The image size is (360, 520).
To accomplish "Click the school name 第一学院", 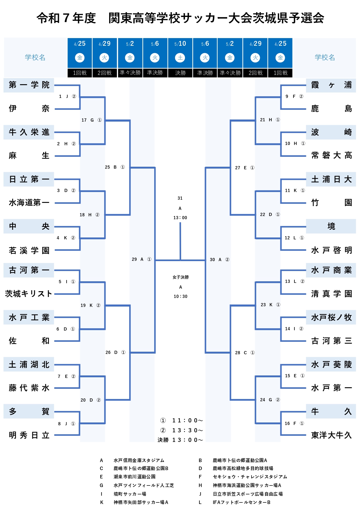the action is (x=29, y=85).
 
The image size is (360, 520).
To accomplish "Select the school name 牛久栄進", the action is (x=29, y=132).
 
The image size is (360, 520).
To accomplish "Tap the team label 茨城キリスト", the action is (x=28, y=294).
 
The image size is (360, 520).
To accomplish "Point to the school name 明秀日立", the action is (x=29, y=435).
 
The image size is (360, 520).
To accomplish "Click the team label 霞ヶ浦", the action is (x=331, y=85).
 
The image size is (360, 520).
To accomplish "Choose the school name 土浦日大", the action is (x=331, y=179).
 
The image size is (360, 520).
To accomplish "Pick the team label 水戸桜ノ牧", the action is (x=331, y=317).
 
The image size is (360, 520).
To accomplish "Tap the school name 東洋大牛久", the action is (x=331, y=435).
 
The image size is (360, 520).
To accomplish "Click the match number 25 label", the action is (x=107, y=167).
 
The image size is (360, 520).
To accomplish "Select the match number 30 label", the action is (x=212, y=260).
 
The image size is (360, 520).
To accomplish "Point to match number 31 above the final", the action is (x=180, y=198).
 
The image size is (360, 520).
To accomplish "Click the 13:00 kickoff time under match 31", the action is (x=180, y=218).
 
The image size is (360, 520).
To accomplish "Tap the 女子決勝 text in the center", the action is (x=180, y=277).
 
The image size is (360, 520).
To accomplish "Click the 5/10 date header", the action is (x=180, y=44).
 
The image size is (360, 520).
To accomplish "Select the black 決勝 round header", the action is (x=180, y=73).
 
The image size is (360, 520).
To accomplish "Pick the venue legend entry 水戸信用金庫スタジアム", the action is (x=139, y=460).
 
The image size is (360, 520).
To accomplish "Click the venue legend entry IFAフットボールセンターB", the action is (x=242, y=502).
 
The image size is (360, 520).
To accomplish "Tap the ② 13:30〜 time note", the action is (x=182, y=430).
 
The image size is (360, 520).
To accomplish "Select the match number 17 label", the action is (x=84, y=120).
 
